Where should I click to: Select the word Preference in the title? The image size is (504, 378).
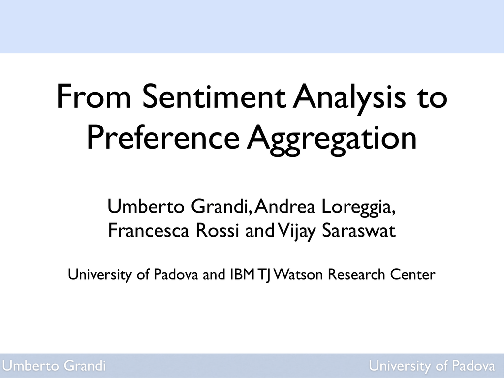pos(163,138)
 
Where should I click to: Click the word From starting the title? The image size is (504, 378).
pos(94,97)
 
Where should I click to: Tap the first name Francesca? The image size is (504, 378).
pos(149,230)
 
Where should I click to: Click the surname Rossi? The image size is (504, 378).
pos(218,230)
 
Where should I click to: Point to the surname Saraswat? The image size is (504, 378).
pos(359,230)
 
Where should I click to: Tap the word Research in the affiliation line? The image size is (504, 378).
pos(356,275)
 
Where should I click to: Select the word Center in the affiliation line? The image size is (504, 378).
pos(413,275)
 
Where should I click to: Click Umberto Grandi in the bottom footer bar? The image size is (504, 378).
pos(54,366)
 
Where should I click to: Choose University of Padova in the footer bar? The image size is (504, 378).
pos(432,366)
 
